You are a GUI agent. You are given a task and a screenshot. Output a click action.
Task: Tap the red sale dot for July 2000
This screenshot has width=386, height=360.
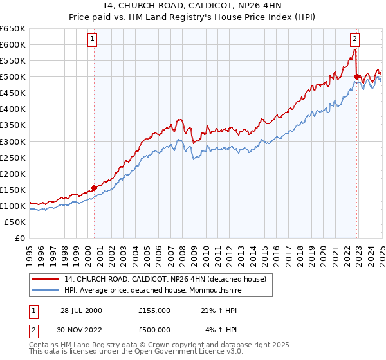point(94,188)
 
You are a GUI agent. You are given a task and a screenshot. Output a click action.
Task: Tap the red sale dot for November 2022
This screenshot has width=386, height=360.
point(356,76)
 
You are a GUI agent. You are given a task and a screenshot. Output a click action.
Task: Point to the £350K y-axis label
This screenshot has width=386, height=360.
point(13,125)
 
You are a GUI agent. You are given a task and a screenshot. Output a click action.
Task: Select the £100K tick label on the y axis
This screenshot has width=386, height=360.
point(13,206)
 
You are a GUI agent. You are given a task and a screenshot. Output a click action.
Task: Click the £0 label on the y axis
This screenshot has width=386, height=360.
point(19,239)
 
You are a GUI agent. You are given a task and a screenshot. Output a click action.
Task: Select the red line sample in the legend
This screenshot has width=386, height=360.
point(46,278)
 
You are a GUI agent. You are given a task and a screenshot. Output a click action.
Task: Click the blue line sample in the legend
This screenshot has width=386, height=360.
point(46,289)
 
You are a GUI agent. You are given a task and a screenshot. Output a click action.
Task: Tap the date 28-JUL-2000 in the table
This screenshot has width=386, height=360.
point(81,310)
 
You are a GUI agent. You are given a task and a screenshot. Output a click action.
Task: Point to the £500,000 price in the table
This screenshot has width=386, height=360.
point(154,329)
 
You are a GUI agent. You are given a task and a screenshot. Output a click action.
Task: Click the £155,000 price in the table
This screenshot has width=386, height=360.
point(154,310)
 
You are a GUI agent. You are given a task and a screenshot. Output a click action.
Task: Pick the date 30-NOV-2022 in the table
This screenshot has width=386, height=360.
point(81,329)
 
